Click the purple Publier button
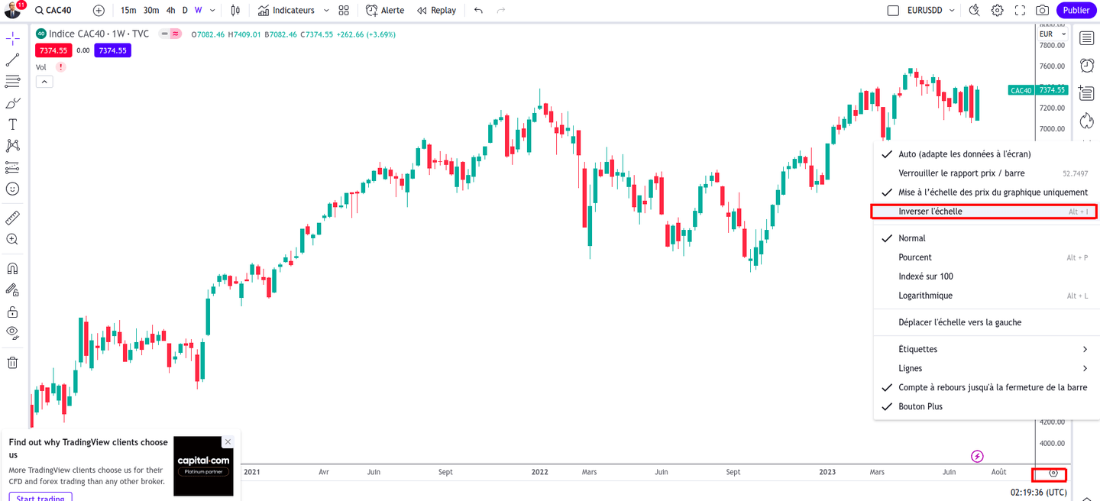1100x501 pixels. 1076,11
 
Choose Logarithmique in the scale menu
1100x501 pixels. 925,296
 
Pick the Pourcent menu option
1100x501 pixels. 915,257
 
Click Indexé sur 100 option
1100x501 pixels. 926,276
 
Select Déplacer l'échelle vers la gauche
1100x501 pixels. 959,322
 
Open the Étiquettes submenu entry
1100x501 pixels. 917,349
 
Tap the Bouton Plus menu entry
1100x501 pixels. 920,406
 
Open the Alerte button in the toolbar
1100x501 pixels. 386,11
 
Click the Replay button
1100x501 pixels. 437,11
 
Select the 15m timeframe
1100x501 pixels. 128,11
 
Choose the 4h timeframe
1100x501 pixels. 170,11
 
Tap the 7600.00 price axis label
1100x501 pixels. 1052,66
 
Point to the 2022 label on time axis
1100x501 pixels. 540,472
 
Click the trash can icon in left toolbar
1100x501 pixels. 12,363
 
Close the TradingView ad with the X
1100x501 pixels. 227,442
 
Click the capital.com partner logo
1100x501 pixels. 203,466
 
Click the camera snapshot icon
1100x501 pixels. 1042,11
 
